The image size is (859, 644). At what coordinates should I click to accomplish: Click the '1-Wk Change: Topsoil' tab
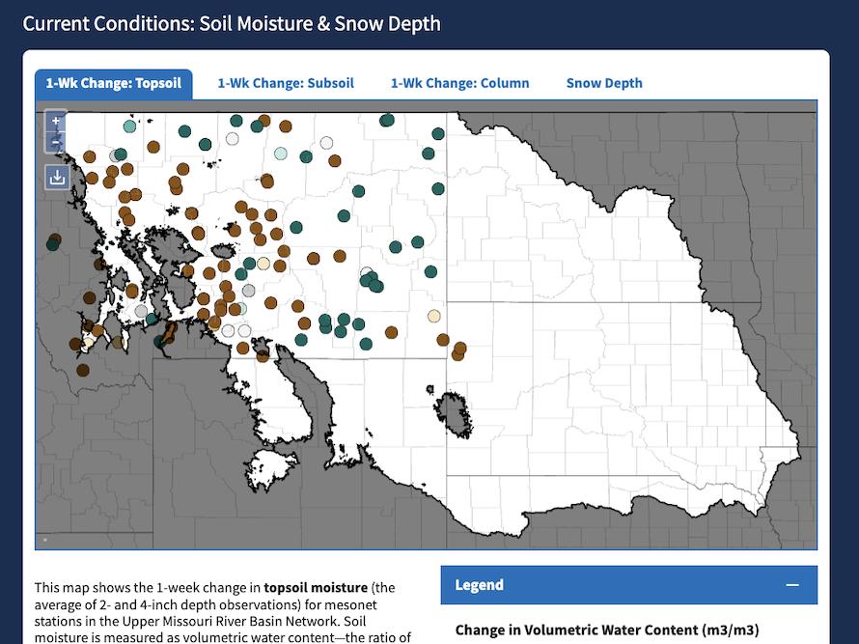113,83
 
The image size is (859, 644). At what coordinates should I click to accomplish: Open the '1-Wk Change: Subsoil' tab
286,83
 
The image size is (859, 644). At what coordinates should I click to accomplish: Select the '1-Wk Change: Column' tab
459,83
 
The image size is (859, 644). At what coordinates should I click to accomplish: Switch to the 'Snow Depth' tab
604,83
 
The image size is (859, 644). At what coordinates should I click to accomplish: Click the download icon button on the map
57,177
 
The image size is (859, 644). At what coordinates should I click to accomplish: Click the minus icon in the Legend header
792,585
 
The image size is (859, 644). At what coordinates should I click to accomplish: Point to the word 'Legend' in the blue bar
479,585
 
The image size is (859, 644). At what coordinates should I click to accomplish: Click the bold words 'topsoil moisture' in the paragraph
316,587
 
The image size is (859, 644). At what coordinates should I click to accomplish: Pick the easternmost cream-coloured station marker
434,316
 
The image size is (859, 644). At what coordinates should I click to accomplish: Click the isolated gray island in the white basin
455,412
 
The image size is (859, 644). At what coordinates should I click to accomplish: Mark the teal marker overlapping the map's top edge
387,120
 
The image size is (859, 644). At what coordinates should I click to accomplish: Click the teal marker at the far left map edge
52,243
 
